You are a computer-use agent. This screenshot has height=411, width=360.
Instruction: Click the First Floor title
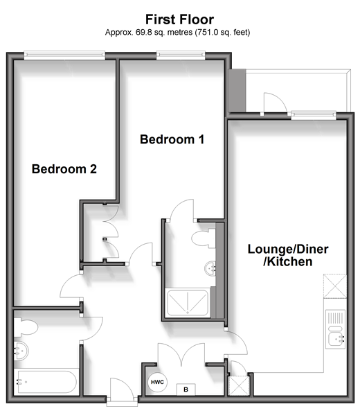(x=179, y=19)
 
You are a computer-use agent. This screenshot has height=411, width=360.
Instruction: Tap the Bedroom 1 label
(x=172, y=139)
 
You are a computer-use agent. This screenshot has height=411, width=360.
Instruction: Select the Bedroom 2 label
(x=64, y=169)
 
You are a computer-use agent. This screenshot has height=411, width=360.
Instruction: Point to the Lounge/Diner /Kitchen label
(x=288, y=255)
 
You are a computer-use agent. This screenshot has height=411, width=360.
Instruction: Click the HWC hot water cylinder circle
(x=157, y=382)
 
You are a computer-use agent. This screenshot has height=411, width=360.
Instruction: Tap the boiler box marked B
(x=186, y=390)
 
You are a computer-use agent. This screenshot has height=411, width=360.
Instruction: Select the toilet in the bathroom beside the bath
(x=26, y=327)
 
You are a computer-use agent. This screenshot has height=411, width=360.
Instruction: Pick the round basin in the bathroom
(x=21, y=351)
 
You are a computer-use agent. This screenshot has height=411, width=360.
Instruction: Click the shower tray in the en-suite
(x=188, y=303)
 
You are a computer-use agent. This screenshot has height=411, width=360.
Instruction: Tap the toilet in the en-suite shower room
(x=204, y=238)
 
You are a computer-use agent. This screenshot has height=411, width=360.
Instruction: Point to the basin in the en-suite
(x=210, y=268)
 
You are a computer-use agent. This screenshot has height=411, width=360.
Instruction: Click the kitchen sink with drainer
(x=335, y=329)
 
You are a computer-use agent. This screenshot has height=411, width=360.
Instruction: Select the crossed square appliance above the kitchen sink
(x=335, y=286)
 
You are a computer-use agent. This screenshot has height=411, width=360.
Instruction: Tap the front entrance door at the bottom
(x=122, y=389)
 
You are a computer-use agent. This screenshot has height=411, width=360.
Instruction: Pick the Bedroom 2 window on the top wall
(x=64, y=55)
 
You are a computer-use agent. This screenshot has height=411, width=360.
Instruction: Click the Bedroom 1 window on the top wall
(x=181, y=55)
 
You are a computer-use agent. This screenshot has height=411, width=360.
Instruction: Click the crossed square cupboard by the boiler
(x=239, y=385)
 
